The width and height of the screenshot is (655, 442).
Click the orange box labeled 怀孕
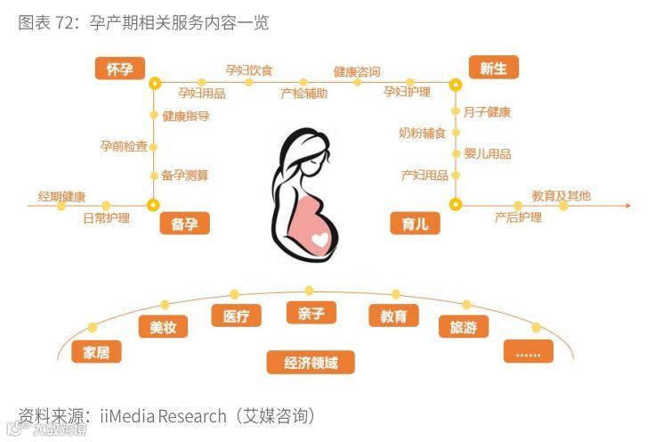pos(120,69)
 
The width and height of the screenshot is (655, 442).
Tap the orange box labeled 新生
pos(493,68)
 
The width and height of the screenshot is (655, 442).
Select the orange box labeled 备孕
pos(184,224)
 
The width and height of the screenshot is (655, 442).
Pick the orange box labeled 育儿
pos(415,224)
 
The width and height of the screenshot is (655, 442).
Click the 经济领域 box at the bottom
pos(311,362)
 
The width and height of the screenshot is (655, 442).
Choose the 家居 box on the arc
pos(96,351)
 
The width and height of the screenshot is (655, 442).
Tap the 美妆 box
pos(163,328)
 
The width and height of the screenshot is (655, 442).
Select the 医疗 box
pos(236,315)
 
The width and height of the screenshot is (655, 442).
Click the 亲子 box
pos(311,312)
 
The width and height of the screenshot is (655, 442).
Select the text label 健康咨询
pos(357,70)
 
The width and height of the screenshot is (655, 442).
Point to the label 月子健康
pos(487,112)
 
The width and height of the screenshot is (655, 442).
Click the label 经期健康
pos(61,196)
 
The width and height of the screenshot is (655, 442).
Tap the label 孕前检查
pos(124,145)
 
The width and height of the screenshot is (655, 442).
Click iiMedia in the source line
pos(128,415)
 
